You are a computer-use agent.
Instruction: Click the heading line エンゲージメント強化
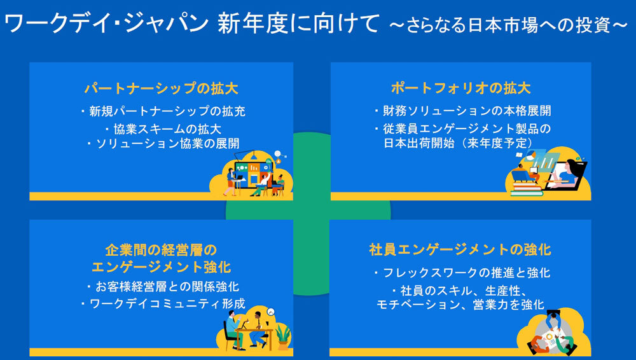pos(162,266)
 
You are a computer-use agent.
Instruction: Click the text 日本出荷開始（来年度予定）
pos(463,143)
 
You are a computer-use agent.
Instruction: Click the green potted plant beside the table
pos(284,335)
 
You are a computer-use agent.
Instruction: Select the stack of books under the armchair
pos(527,188)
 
